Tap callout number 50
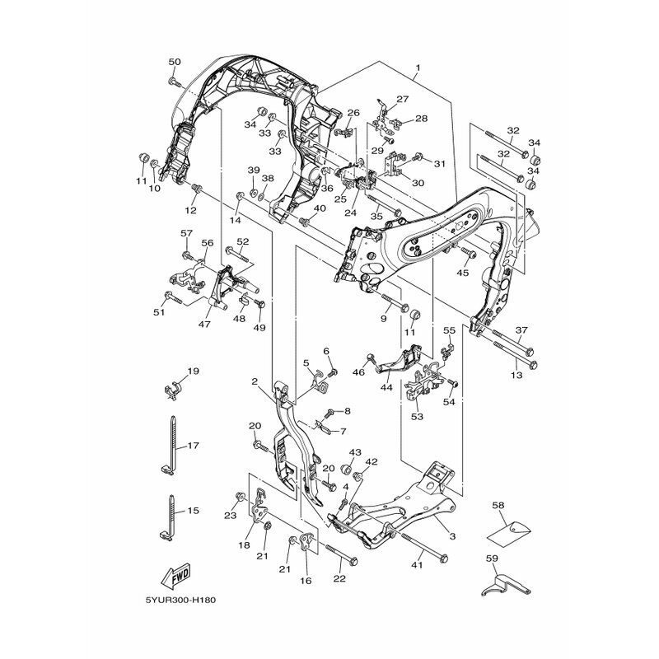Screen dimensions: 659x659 point(175,63)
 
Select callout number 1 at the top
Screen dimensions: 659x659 point(418,68)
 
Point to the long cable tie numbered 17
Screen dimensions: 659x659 point(172,446)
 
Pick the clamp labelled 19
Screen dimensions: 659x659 point(172,389)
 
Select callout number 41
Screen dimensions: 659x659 point(417,566)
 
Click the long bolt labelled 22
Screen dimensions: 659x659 point(341,554)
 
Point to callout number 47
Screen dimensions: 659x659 point(204,324)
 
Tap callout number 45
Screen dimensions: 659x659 point(463,273)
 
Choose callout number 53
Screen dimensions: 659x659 point(418,417)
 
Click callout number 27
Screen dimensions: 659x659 point(402,99)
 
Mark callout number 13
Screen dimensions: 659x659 point(516,375)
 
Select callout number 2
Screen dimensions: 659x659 point(255,381)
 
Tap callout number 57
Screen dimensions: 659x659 point(186,233)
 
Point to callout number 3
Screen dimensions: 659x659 point(452,536)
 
